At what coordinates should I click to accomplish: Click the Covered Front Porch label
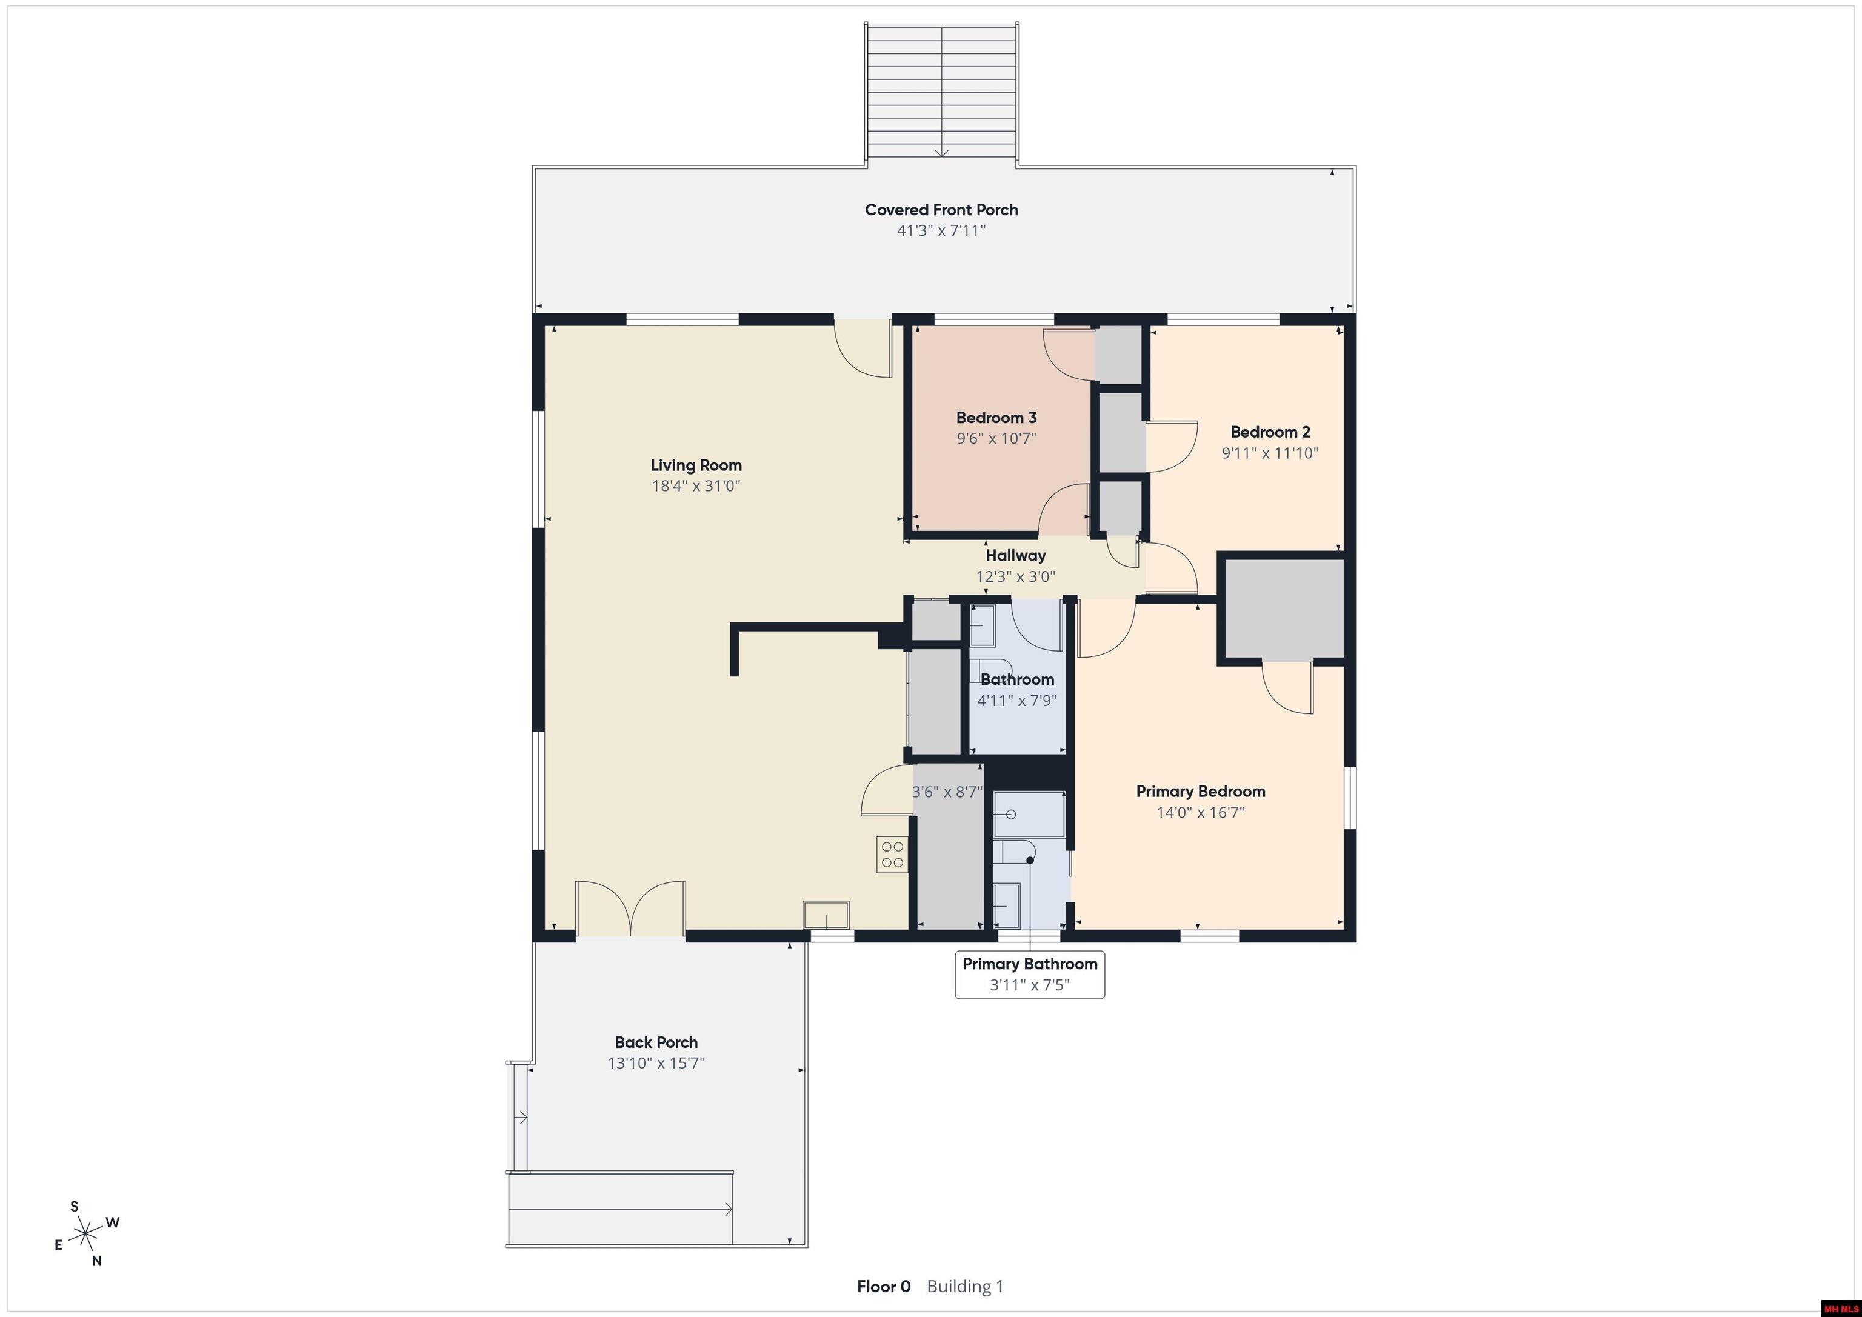941,210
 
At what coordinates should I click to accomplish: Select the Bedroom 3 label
996,418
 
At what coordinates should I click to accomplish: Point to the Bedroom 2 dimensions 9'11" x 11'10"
1270,453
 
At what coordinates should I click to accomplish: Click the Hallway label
1015,556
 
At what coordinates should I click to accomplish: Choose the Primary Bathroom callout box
1030,974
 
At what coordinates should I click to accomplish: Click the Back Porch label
656,1042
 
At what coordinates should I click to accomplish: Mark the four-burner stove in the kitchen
892,854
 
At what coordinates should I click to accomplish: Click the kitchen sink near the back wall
826,914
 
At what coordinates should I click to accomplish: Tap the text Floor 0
883,1286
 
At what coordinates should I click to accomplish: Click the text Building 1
965,1286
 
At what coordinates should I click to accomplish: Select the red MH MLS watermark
1840,1308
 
